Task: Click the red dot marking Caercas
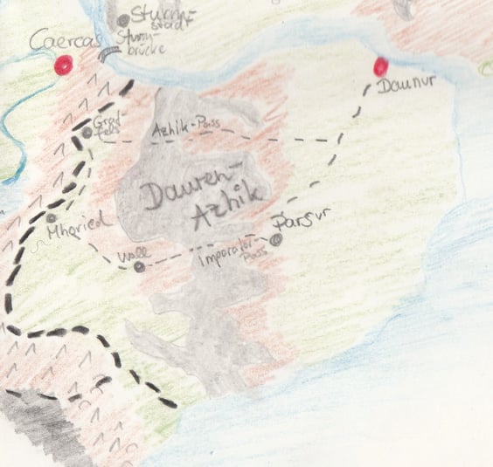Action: coord(62,65)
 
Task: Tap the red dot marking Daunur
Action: coord(380,66)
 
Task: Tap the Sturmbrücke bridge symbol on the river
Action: coord(109,55)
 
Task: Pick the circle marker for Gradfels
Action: coord(87,134)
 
